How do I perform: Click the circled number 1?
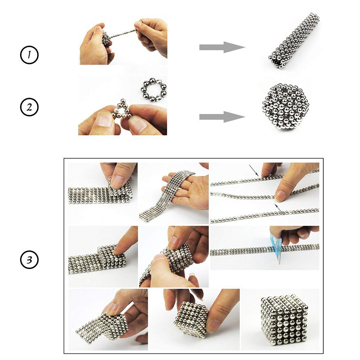tap(29, 55)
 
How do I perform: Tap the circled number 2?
tap(29, 107)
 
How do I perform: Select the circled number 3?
tap(29, 260)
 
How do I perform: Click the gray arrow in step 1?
tap(222, 48)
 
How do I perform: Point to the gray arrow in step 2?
tap(222, 117)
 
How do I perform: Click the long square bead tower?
tap(294, 40)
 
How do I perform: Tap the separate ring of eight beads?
tap(153, 90)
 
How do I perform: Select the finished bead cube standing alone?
tap(284, 321)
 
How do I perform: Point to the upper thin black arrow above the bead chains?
tap(254, 171)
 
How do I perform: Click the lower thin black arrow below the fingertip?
tap(280, 208)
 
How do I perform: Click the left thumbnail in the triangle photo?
tap(104, 119)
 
